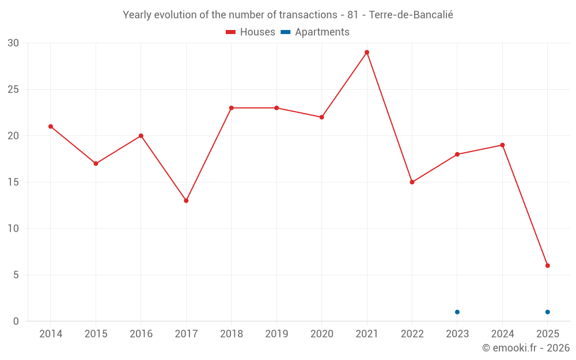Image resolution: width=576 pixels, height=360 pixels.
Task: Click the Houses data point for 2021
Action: pyautogui.click(x=367, y=52)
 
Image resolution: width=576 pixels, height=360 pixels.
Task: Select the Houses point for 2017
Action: pyautogui.click(x=186, y=200)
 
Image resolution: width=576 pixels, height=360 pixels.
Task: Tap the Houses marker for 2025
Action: pyautogui.click(x=548, y=266)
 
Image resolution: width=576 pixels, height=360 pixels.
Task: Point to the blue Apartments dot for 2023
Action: pyautogui.click(x=457, y=312)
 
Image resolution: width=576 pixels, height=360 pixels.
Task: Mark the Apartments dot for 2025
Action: pyautogui.click(x=548, y=312)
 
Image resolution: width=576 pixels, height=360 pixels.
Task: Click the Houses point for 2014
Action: pyautogui.click(x=51, y=127)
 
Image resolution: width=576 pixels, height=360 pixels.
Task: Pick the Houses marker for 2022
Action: pyautogui.click(x=412, y=182)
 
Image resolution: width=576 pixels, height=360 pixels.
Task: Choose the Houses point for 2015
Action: pyautogui.click(x=96, y=164)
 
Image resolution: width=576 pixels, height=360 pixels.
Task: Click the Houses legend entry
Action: pyautogui.click(x=251, y=32)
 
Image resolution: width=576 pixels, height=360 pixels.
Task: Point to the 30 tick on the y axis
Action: pyautogui.click(x=13, y=43)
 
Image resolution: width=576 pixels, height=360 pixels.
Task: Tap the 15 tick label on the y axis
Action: pyautogui.click(x=13, y=182)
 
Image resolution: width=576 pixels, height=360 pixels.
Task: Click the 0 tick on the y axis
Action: pyautogui.click(x=16, y=321)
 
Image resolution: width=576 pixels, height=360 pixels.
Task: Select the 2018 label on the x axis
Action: pyautogui.click(x=231, y=334)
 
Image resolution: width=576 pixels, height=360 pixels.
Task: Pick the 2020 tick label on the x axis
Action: pyautogui.click(x=321, y=334)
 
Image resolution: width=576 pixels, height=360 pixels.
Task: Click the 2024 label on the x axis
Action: pyautogui.click(x=502, y=334)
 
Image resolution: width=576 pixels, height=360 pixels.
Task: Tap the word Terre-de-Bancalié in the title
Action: pyautogui.click(x=411, y=15)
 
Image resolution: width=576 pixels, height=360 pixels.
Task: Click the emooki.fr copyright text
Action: pyautogui.click(x=525, y=348)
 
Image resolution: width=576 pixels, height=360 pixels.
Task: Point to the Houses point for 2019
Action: pyautogui.click(x=276, y=108)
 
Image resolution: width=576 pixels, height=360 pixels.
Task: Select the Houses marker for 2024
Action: pyautogui.click(x=502, y=145)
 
